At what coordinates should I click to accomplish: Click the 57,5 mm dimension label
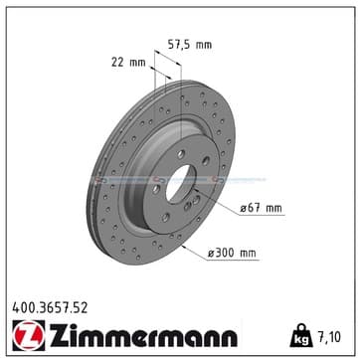[190, 45]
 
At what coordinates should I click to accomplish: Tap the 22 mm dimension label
[128, 62]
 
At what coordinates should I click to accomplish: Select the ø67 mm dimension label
[261, 208]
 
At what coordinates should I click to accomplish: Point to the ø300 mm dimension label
[232, 253]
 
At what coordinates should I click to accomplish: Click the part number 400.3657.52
[50, 308]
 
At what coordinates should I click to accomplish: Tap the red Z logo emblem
[29, 335]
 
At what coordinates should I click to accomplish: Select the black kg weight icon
[301, 335]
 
